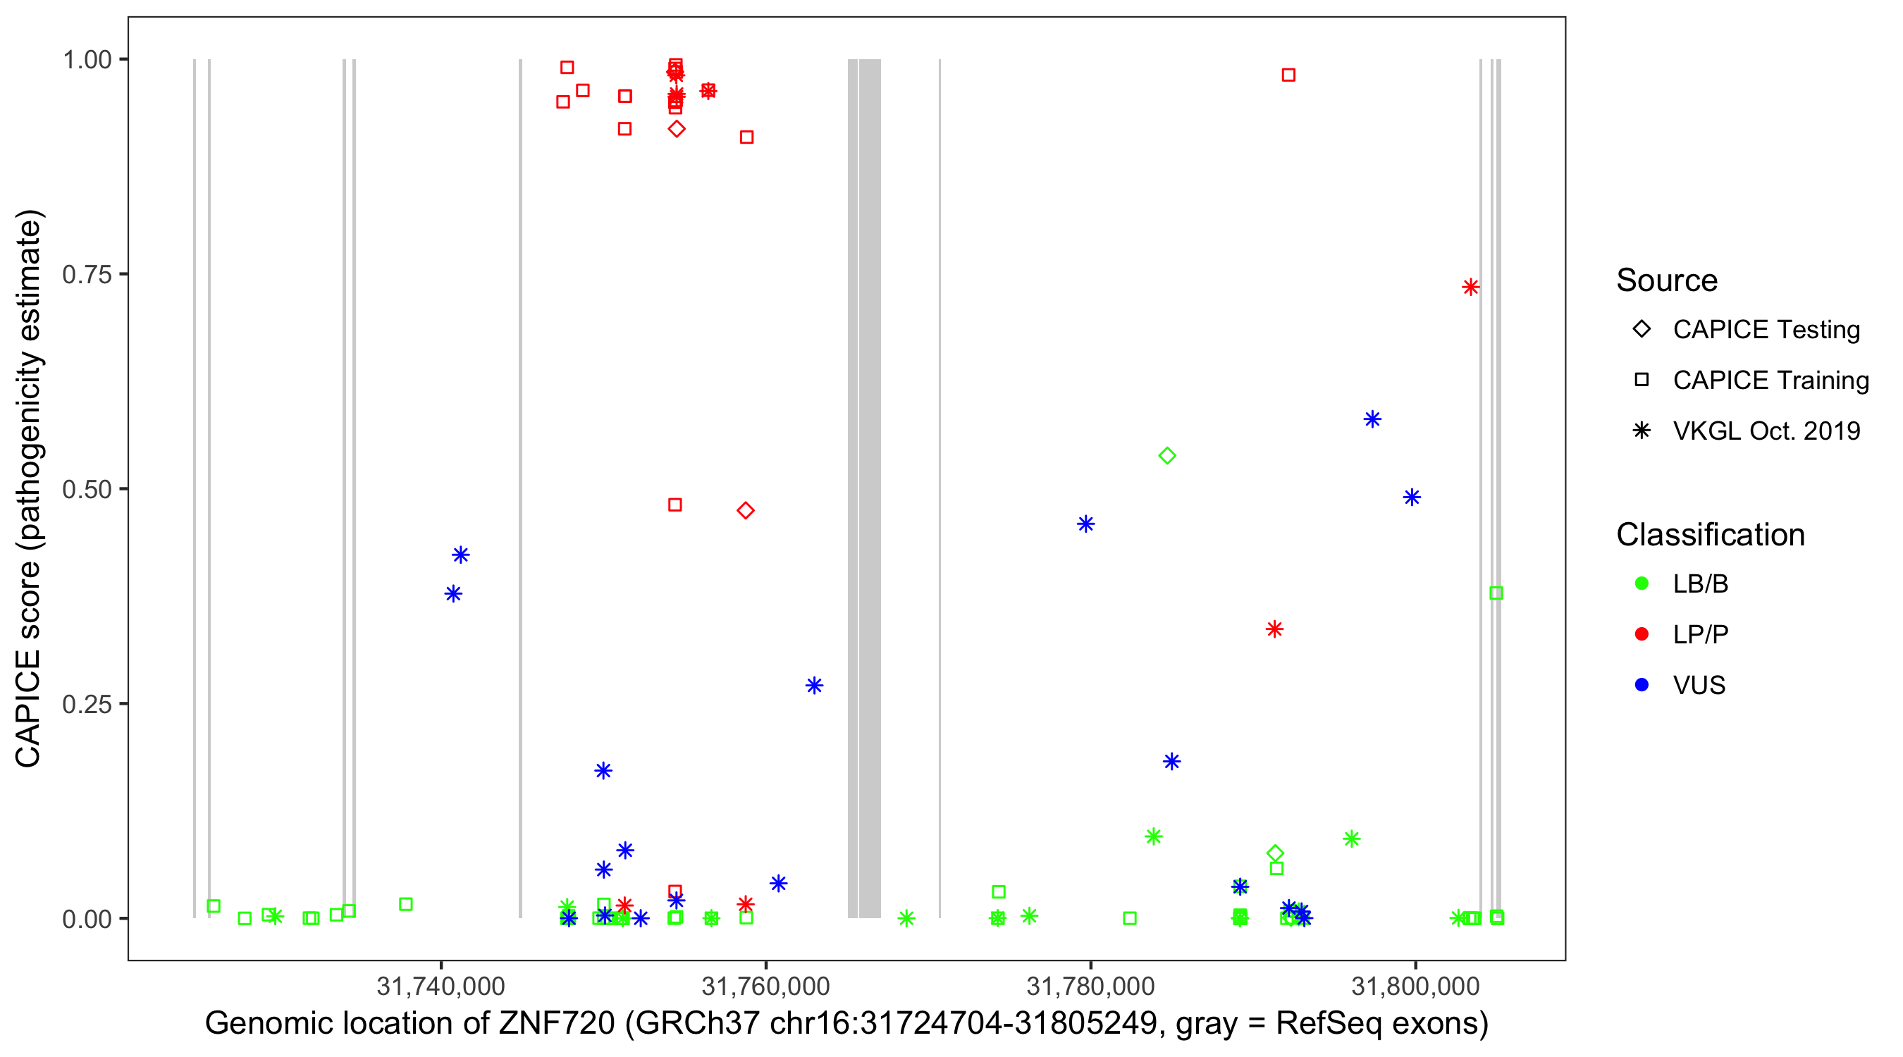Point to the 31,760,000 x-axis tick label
point(765,986)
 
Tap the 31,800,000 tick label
point(1415,986)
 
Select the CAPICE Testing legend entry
point(1766,330)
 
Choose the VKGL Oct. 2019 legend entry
point(1766,431)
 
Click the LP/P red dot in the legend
point(1642,634)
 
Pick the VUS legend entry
point(1699,686)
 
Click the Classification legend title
point(1710,535)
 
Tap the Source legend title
point(1667,280)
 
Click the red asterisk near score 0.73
point(1470,287)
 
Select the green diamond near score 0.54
point(1167,456)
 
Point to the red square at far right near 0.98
point(1288,75)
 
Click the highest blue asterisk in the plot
point(1372,419)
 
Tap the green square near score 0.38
point(1496,593)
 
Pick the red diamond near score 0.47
point(746,510)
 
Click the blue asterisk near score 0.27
point(814,686)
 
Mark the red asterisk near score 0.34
point(1274,629)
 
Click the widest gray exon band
point(870,488)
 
